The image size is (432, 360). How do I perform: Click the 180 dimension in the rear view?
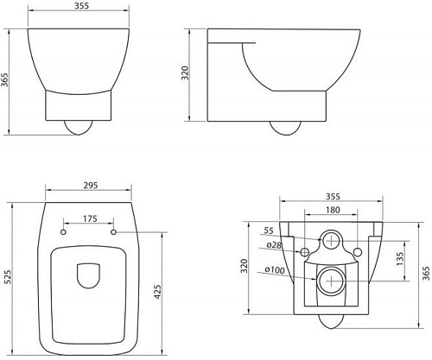(332, 210)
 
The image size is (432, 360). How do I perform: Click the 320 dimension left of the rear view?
(245, 264)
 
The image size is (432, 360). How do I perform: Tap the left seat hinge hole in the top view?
(65, 231)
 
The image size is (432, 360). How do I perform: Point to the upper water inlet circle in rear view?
(331, 241)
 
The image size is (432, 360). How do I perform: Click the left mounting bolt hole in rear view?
(303, 251)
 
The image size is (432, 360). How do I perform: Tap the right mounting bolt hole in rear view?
(359, 251)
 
